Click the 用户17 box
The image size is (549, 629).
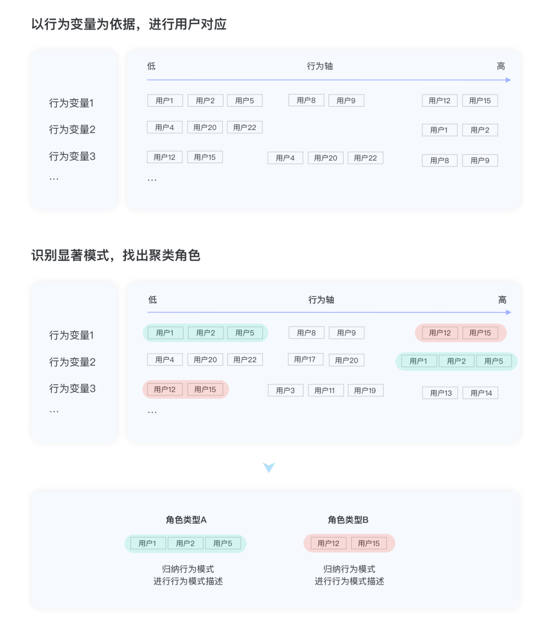tap(305, 360)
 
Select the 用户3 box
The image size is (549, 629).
tap(286, 390)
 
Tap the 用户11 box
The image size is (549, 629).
tap(325, 390)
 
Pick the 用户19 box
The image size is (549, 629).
tap(365, 390)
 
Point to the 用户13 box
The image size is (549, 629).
tap(441, 393)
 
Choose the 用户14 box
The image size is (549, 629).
tap(481, 393)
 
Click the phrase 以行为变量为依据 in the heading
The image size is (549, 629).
tap(83, 24)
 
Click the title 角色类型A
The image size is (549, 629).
tap(186, 520)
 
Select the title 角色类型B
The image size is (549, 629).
tap(348, 520)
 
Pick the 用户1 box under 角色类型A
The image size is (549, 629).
tap(147, 543)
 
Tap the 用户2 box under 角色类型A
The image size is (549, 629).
tap(186, 543)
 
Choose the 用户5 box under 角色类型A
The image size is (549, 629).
tap(223, 543)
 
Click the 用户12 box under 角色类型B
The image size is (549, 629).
tap(328, 543)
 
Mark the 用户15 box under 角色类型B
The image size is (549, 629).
tap(369, 543)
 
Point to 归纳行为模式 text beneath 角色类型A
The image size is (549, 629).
tap(188, 569)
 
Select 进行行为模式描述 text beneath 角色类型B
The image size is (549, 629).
tap(349, 581)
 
